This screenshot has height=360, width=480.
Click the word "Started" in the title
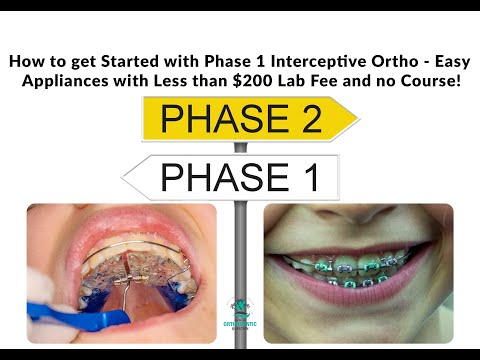click(x=140, y=61)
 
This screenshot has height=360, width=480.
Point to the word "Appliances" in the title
click(x=67, y=80)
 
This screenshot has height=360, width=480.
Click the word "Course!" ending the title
click(x=428, y=80)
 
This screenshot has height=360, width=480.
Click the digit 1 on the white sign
click(x=304, y=177)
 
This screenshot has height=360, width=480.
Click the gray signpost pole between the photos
click(x=240, y=250)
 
